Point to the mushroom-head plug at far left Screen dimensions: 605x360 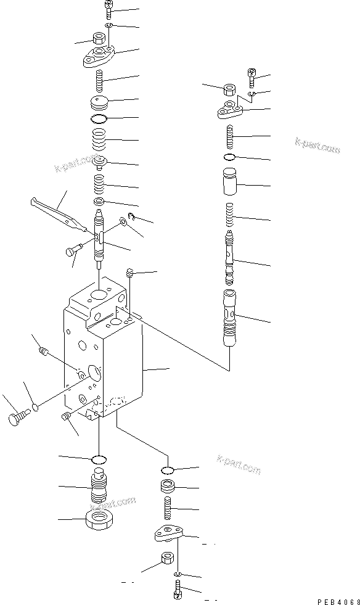16,419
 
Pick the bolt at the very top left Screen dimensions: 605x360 108,9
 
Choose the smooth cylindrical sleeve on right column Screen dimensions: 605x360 231,184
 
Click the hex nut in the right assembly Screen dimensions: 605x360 226,91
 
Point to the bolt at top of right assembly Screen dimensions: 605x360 253,77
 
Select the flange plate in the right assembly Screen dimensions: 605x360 232,110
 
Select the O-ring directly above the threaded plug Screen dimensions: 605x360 99,459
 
